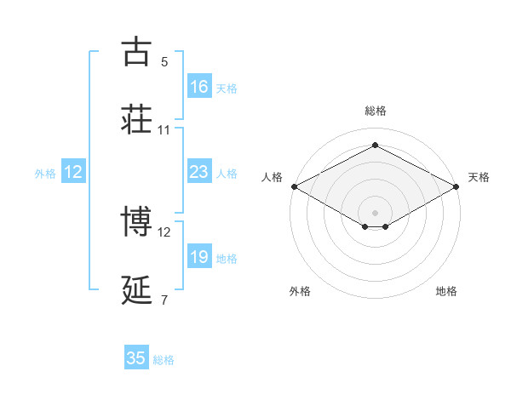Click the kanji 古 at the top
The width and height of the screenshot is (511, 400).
[x=136, y=52]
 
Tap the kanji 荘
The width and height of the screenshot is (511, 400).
[x=136, y=120]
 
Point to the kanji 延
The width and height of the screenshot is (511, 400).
[x=136, y=290]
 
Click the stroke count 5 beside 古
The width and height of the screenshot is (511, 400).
[x=164, y=62]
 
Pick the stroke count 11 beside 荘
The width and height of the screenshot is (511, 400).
[x=164, y=130]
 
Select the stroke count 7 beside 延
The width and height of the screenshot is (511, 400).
[x=164, y=300]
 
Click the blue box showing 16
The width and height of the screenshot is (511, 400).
[x=199, y=87]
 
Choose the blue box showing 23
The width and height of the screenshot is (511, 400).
[x=199, y=172]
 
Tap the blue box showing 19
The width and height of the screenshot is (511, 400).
[x=199, y=257]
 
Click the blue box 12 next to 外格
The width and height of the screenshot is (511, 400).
[x=73, y=172]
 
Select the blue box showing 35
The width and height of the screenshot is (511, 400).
[x=136, y=358]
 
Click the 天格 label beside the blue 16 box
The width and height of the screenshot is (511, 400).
[x=227, y=88]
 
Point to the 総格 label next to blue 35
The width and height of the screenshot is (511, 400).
[x=164, y=360]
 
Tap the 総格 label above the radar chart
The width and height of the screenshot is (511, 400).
[x=375, y=111]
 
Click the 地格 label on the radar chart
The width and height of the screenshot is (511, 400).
[x=446, y=292]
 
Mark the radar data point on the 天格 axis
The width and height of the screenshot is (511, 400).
[x=457, y=186]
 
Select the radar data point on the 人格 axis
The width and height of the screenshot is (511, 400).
[x=293, y=186]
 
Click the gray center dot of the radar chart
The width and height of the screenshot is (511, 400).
[x=375, y=212]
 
